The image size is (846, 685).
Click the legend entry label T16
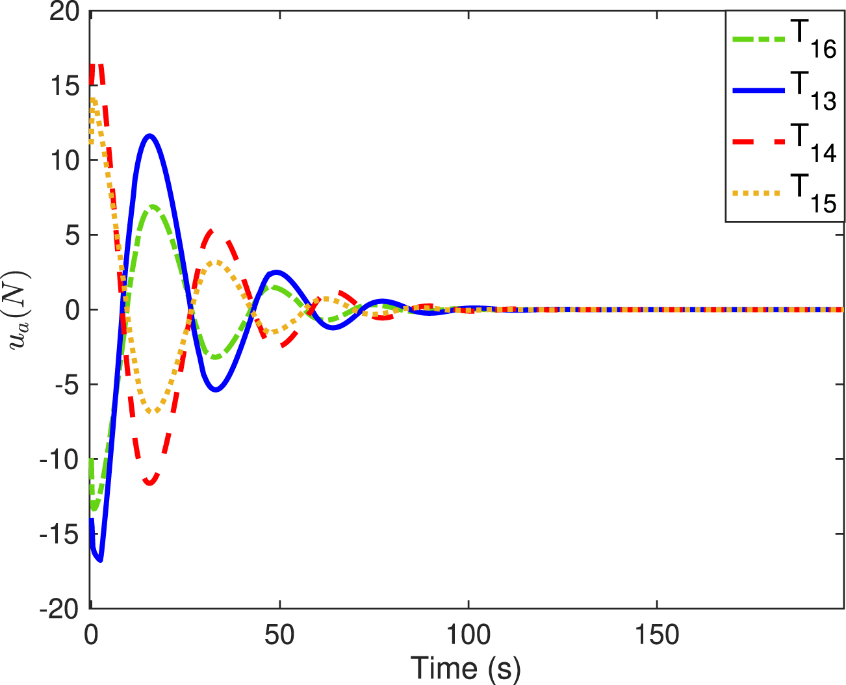click(813, 41)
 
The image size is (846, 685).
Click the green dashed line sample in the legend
click(759, 38)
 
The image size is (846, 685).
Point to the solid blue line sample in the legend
click(759, 90)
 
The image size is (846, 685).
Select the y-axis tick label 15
click(64, 86)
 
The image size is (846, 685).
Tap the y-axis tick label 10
click(64, 161)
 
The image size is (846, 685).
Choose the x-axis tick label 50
click(279, 634)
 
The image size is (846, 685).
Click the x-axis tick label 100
click(468, 634)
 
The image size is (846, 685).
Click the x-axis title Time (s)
click(465, 668)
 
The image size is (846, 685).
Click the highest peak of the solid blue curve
click(150, 136)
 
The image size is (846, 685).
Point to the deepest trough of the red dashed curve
click(150, 483)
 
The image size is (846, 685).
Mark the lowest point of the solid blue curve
click(100, 560)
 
